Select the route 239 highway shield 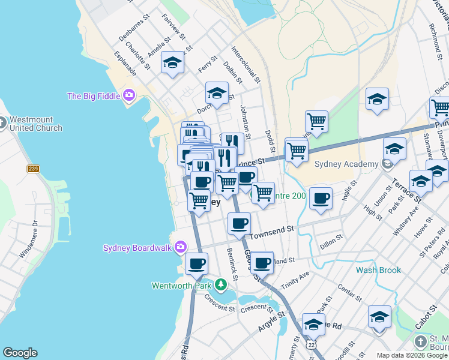(33, 169)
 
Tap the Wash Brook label (378, 270)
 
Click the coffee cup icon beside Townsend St (239, 224)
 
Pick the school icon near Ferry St (172, 62)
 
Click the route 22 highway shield (310, 345)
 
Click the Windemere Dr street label (28, 239)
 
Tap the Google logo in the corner (20, 353)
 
